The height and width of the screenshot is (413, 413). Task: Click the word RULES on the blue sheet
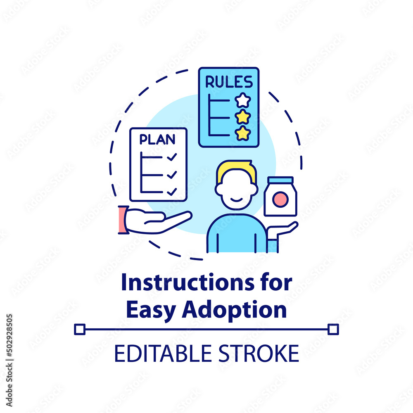click(229, 82)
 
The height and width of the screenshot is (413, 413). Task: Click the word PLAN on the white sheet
click(157, 140)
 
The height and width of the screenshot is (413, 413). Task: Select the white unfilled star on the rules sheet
click(243, 100)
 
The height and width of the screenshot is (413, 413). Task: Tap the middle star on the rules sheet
click(243, 117)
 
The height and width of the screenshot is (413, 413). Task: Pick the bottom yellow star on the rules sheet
click(243, 133)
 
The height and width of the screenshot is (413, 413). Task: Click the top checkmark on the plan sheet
click(172, 157)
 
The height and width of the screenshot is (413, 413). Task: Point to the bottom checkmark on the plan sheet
click(172, 192)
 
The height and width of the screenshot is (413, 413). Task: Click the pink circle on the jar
click(280, 200)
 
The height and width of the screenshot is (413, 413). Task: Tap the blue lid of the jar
click(280, 180)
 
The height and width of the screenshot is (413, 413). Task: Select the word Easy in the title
click(150, 310)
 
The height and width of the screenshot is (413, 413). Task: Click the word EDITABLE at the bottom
click(164, 354)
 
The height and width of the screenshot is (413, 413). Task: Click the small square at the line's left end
click(80, 329)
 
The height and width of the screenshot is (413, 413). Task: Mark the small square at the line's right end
click(333, 329)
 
